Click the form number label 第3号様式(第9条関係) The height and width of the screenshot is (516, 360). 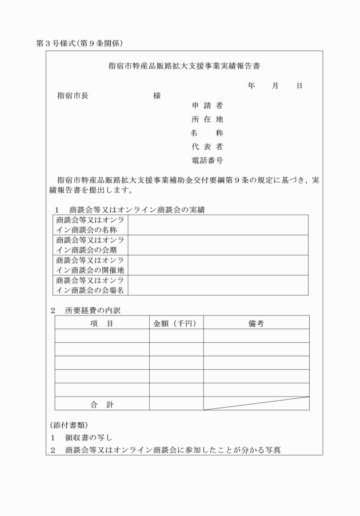(80, 43)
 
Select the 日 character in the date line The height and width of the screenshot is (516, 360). (299, 86)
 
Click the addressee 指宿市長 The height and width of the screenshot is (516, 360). (73, 95)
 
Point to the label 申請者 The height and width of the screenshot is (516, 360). (207, 106)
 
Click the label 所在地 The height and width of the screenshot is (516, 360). (207, 119)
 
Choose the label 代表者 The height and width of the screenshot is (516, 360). (207, 147)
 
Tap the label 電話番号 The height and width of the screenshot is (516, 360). (207, 161)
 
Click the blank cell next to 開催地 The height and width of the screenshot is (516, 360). (218, 265)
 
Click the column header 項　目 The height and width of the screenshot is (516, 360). (102, 323)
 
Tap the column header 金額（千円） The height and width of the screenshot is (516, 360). (175, 323)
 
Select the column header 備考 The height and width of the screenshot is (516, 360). (255, 323)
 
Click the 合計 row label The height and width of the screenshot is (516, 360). (102, 404)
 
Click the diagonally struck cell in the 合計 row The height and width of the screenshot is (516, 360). (255, 403)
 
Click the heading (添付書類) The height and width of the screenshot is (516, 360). (68, 425)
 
